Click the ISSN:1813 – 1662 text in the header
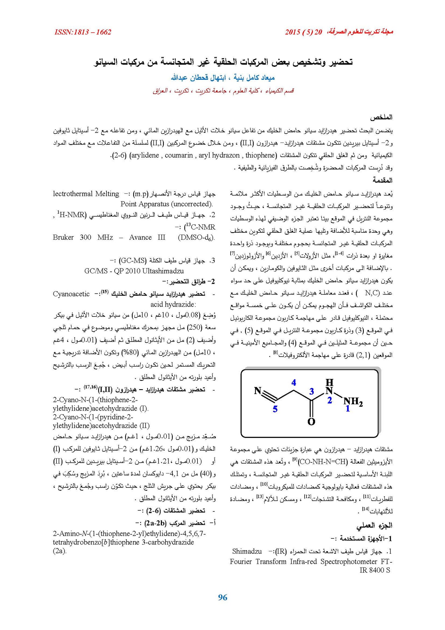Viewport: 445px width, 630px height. [83, 32]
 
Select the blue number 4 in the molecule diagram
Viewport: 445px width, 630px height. [294, 383]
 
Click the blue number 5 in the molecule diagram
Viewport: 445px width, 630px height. [275, 409]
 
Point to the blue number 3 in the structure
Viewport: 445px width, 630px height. [311, 391]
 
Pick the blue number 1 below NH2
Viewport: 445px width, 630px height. [347, 409]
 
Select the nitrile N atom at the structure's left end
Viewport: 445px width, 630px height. [258, 391]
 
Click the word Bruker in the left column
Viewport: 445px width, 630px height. [63, 237]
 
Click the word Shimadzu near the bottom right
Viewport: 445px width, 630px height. [247, 551]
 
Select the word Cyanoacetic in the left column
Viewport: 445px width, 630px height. [71, 294]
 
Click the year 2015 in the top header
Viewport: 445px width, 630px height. [292, 32]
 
